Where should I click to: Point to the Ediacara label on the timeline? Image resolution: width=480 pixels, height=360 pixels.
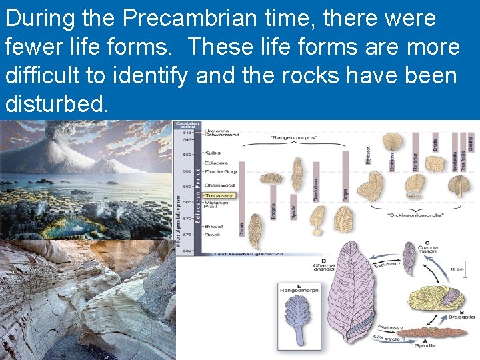click(x=217, y=162)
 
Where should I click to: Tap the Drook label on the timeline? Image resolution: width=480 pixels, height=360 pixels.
click(x=213, y=234)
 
